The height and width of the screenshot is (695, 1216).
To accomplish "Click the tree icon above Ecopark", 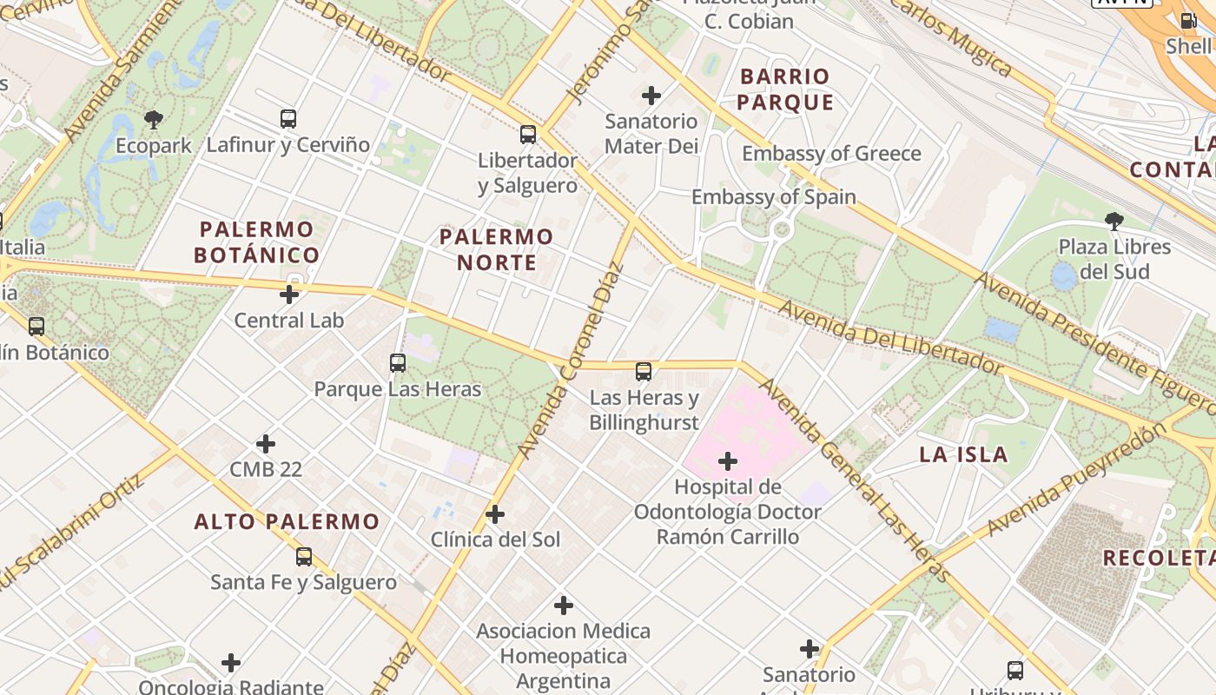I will point(154,119).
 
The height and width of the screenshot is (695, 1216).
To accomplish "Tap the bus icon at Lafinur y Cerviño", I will point(287,119).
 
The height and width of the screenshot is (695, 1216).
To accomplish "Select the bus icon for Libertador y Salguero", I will point(528,135).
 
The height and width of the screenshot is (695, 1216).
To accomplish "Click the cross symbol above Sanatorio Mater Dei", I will point(651,96).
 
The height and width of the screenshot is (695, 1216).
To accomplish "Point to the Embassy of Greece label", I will point(831,154).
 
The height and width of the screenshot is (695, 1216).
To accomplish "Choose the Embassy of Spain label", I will point(773,197).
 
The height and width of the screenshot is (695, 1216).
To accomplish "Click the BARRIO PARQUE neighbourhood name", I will point(785,89).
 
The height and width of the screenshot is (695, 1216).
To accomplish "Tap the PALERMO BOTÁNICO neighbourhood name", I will point(256,242).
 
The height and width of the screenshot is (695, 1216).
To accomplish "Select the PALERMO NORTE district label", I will point(496,249).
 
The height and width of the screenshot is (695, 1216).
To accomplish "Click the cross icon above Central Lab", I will point(289,295).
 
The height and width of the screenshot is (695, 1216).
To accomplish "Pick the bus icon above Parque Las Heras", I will point(398,363).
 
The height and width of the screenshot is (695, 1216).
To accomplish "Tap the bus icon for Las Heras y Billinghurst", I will point(644,372).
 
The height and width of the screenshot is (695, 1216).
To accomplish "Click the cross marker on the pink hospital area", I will point(728,461).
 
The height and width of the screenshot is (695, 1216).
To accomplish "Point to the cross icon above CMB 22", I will point(266,445).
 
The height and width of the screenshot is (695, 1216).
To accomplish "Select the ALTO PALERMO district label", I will point(287,522).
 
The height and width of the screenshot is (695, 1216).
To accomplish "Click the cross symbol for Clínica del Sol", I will point(495,514).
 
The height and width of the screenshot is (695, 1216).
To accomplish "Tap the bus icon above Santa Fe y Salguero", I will point(303,557).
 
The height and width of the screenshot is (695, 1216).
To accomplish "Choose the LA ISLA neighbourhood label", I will point(963,454).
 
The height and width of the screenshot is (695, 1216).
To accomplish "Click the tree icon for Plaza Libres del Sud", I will point(1114,222).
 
